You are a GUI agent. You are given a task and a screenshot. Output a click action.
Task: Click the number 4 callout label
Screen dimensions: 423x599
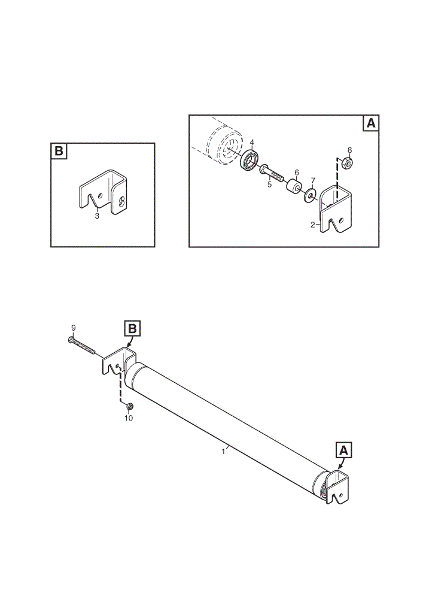pos(252,143)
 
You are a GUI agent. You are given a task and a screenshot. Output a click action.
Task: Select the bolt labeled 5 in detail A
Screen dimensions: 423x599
pos(271,173)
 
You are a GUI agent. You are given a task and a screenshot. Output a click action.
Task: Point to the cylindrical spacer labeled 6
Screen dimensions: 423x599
pos(294,186)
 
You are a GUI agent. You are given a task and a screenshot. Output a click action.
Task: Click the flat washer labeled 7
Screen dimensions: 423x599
pos(310,195)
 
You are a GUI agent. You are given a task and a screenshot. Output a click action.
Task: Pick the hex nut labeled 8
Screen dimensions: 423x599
pos(348,163)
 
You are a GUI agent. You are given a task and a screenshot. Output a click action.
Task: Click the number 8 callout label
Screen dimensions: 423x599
pos(350,149)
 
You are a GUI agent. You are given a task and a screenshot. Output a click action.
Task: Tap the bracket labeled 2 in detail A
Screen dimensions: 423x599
pos(335,209)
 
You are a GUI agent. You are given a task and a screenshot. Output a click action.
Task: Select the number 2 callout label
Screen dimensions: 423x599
pos(313,225)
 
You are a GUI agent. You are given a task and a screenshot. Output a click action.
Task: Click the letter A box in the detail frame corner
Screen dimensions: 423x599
pos(370,123)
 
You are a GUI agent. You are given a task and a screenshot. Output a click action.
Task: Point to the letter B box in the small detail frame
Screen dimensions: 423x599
pos(59,152)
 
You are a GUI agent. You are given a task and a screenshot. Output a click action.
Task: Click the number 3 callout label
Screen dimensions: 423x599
pos(97,216)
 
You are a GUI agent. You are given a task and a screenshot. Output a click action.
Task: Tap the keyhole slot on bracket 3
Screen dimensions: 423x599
pos(121,201)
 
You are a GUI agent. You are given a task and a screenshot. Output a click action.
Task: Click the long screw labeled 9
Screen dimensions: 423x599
pos(81,346)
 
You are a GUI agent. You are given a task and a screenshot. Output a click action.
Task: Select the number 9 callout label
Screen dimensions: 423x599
pos(73,328)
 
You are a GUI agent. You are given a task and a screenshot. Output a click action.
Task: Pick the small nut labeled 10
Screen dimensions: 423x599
pos(129,407)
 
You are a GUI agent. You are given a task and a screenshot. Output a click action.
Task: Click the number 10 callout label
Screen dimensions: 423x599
pos(129,418)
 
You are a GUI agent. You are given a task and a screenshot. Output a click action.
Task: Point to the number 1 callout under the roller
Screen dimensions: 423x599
pos(223,452)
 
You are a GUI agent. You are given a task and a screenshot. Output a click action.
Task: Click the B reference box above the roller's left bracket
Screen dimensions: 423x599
pos(132,328)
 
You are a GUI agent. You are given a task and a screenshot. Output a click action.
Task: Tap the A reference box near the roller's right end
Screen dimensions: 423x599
pos(343,450)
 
